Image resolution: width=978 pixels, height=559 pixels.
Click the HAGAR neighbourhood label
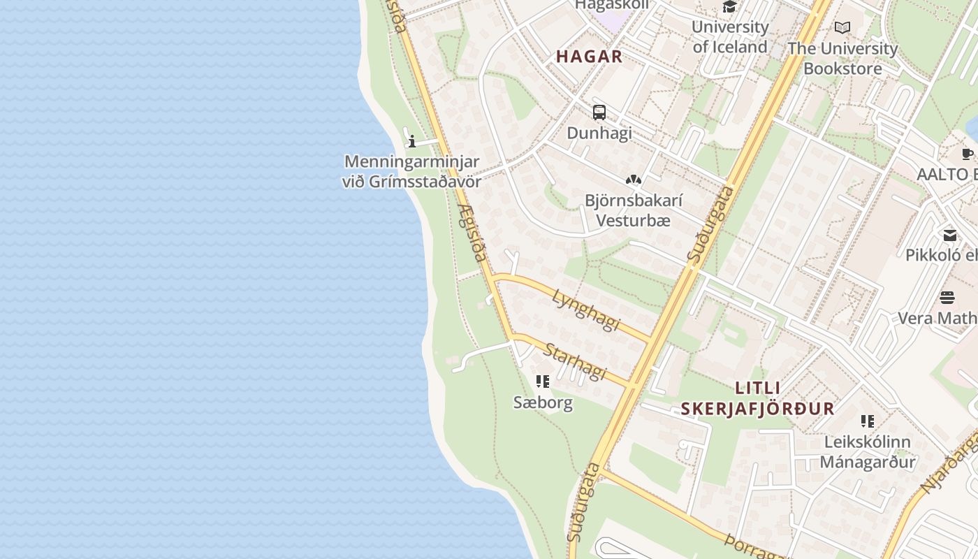(589, 57)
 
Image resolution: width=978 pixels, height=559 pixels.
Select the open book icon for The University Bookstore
(842, 28)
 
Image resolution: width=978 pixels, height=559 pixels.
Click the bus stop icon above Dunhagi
(599, 112)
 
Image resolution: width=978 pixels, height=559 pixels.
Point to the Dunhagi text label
(599, 133)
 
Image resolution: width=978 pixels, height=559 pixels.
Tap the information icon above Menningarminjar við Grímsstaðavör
(412, 142)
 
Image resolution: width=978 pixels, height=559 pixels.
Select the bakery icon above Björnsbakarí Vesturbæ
(634, 180)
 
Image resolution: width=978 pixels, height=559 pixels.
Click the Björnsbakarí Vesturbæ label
(634, 210)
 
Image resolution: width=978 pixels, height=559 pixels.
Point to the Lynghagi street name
(586, 310)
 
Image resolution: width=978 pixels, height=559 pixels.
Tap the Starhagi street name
(576, 361)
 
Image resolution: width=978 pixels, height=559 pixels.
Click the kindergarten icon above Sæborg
(543, 382)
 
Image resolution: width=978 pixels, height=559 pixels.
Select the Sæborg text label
(543, 402)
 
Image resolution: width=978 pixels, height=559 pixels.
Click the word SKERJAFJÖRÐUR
(758, 409)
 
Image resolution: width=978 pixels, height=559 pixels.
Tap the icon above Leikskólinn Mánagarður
(868, 421)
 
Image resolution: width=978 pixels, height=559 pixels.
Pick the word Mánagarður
(868, 462)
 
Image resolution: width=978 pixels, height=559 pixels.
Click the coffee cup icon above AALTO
(967, 154)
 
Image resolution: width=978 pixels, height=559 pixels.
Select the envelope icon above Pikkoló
(950, 235)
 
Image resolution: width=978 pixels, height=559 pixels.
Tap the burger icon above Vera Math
(947, 298)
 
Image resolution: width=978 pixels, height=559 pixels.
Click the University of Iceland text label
(730, 37)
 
